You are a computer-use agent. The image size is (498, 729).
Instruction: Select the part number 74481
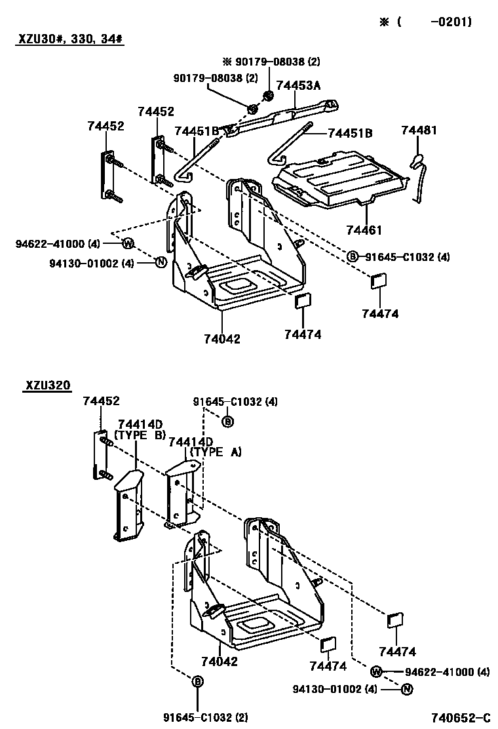coord(419,131)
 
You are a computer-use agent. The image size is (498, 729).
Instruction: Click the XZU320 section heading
coord(48,385)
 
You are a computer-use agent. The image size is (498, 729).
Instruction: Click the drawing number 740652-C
coord(460,718)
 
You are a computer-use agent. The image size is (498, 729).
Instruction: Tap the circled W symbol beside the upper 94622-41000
coord(128,244)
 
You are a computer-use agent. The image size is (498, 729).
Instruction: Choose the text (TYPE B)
coord(140,434)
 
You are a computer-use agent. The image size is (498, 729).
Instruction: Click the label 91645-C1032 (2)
coord(206,718)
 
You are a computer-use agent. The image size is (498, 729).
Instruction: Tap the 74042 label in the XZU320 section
coord(220,661)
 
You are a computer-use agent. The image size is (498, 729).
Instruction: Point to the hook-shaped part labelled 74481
coord(417,177)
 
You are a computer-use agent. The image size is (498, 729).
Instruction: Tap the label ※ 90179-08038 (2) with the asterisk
coord(271,62)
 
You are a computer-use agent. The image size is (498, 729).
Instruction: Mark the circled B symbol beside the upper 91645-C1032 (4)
coord(353,256)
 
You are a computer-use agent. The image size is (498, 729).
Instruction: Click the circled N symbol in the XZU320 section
coord(407,689)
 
